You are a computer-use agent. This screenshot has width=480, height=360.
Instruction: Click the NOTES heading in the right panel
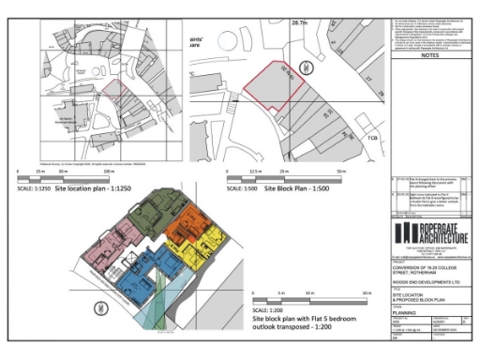pos(431,55)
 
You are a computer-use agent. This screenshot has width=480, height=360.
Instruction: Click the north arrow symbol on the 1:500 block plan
pos(304,67)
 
